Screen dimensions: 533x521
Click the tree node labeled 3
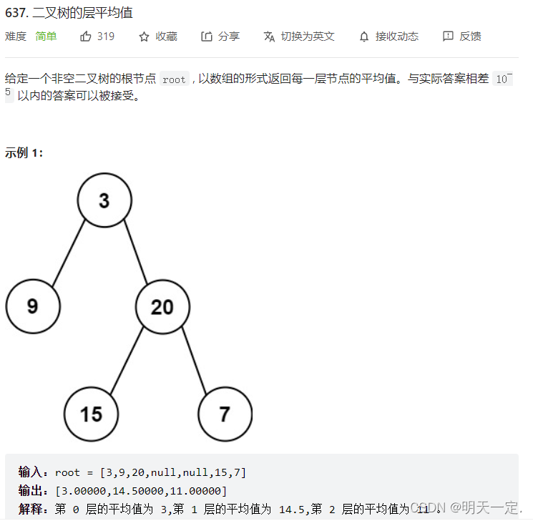104,200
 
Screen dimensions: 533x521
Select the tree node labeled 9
33,306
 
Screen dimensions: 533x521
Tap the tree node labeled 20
162,306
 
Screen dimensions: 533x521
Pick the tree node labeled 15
91,414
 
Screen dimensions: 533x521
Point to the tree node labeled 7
225,414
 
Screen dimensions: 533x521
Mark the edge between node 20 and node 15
126,361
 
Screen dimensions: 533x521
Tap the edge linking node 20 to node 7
193,360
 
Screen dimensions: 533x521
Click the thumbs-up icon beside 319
86,36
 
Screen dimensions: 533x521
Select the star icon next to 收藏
144,36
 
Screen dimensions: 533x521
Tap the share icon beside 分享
207,36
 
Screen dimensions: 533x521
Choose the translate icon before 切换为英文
269,36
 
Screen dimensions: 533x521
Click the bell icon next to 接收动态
364,36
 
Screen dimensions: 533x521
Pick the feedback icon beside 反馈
448,36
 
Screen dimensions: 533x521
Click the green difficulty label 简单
46,36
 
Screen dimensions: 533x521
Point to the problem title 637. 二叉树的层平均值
69,14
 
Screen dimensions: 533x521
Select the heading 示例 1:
24,152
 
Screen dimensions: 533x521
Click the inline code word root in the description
174,80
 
